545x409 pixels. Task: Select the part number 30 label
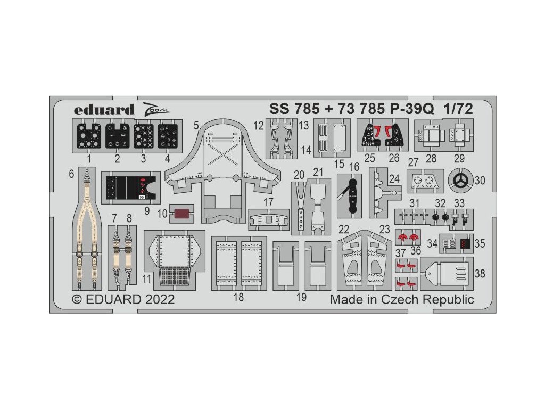pos(480,181)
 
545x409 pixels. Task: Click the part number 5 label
pos(196,126)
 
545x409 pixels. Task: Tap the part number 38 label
pos(480,273)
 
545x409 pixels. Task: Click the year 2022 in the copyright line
pos(158,299)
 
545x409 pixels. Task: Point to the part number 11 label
pos(147,278)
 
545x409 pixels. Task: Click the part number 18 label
pos(238,297)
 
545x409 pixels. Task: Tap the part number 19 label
pos(301,297)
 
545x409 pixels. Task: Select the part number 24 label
pos(394,179)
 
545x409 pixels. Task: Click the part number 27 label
pos(412,162)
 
